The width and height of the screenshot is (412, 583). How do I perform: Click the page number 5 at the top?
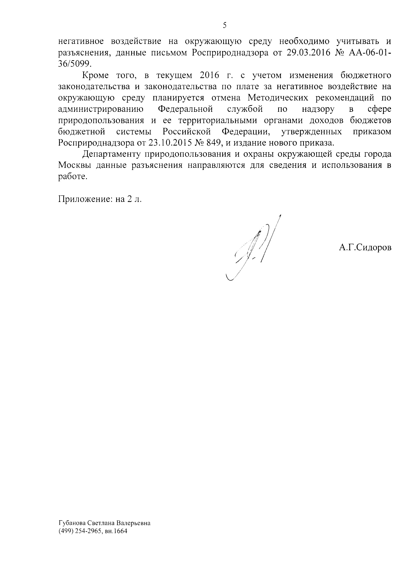[224, 25]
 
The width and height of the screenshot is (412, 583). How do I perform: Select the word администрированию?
[101, 109]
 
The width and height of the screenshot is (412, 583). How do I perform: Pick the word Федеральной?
[185, 109]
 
